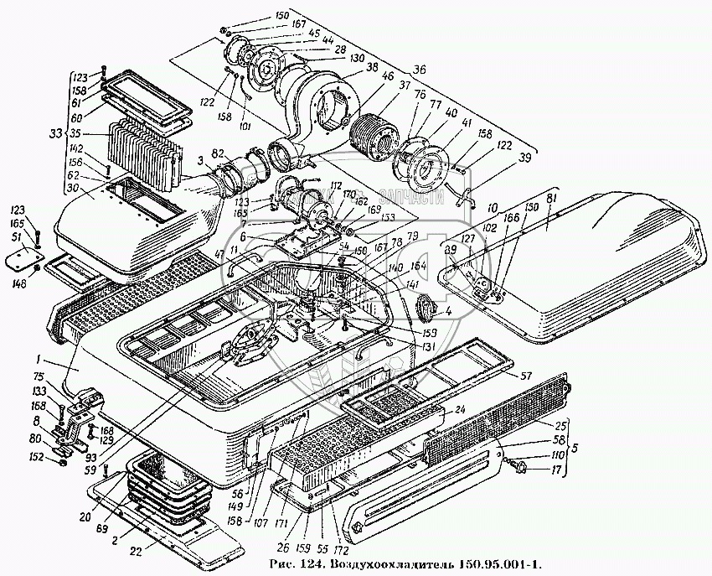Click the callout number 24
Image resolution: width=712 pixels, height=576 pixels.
(x=460, y=410)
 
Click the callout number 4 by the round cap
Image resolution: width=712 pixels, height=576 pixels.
(x=448, y=311)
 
